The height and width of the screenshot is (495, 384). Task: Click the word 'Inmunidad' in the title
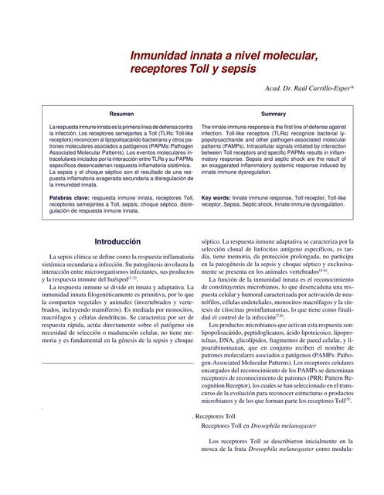pos(158,56)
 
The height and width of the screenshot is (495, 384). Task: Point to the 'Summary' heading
pos(274,113)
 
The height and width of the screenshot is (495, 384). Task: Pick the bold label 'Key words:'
pos(216,197)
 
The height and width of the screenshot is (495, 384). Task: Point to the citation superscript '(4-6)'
pos(345,271)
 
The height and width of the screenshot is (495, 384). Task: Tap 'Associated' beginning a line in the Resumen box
pos(64,152)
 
